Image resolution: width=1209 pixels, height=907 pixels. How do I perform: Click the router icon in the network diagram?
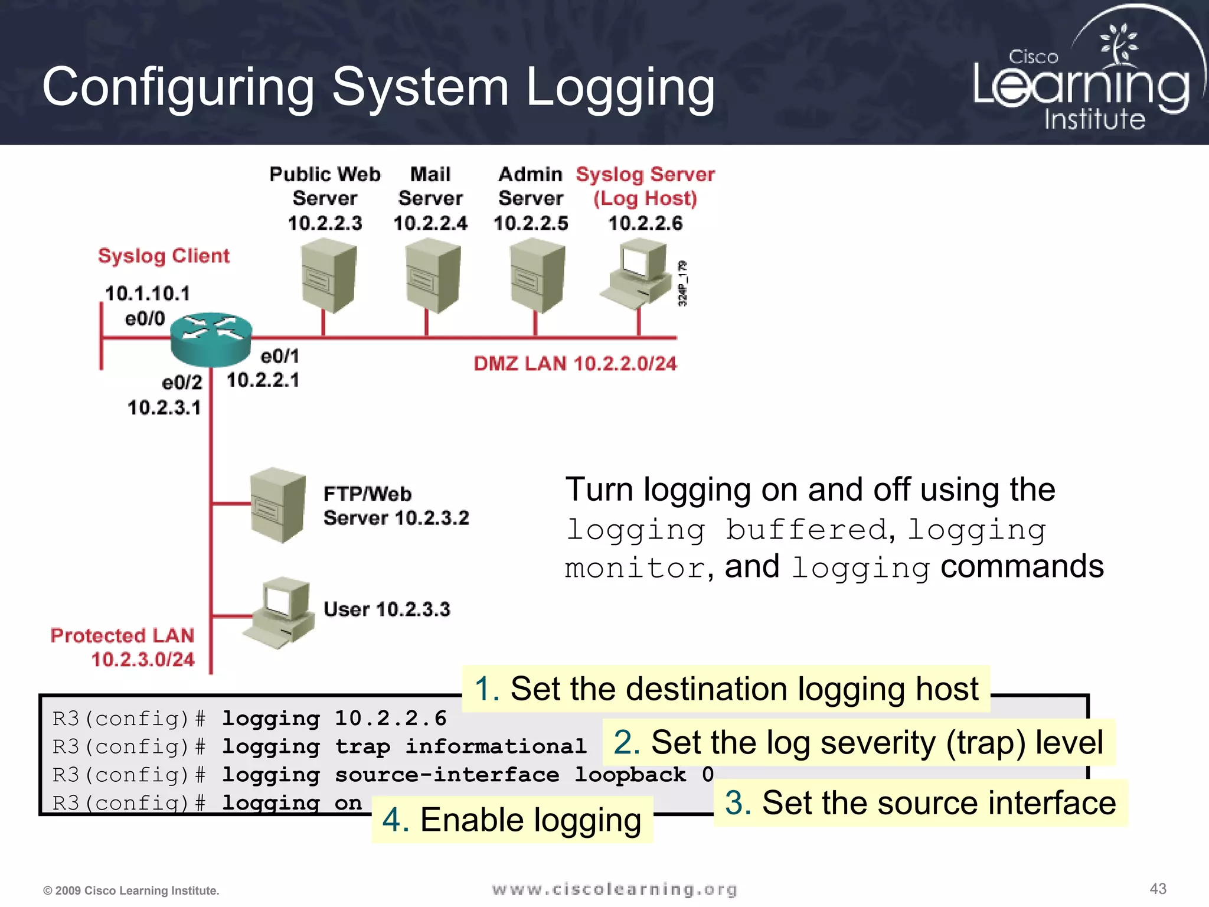coord(211,338)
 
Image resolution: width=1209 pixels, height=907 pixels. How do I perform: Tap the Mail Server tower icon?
coord(433,276)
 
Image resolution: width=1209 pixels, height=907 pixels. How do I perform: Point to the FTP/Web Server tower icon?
coord(277,505)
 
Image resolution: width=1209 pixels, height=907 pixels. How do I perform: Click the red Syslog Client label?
coord(164,256)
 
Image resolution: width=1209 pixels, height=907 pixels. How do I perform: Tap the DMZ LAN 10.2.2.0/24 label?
coord(575,363)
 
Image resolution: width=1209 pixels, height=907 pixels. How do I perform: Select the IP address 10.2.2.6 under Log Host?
coord(645,223)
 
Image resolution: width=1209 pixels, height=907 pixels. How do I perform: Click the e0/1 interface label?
coord(280,356)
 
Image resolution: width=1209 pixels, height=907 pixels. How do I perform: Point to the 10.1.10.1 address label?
coord(148,293)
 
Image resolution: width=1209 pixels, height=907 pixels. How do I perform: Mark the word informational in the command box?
coord(495,746)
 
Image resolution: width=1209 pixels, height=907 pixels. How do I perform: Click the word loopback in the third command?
coord(630,774)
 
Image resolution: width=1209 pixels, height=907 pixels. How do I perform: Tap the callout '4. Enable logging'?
coord(512,820)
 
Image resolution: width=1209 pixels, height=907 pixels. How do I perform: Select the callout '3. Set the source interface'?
coord(920,803)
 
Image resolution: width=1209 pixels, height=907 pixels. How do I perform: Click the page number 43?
coord(1158,889)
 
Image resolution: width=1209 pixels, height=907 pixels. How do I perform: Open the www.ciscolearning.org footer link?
coord(614,889)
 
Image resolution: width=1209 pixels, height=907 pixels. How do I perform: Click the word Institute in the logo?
coord(1094,119)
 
